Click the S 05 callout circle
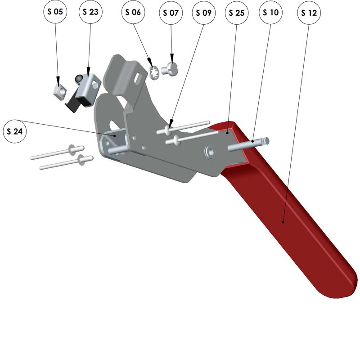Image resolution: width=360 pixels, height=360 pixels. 55,12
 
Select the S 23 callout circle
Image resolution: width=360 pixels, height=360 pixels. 90,12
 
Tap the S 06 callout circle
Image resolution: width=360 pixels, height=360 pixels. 133,12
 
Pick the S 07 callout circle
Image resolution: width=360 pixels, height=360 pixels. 171,13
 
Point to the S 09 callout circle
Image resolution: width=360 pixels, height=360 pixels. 204,13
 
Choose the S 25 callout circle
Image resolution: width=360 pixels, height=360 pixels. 237,13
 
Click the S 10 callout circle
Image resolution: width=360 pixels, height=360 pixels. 271,13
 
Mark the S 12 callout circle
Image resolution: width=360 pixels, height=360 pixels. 309,13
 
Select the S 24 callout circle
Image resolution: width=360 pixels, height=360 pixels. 15,131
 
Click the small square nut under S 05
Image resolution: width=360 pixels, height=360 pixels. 60,92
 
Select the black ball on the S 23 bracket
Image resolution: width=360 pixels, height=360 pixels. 78,78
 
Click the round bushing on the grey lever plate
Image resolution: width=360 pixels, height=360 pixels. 209,152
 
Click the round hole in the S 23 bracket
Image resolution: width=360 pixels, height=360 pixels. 95,85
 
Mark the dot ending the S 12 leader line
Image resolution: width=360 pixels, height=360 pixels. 283,222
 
